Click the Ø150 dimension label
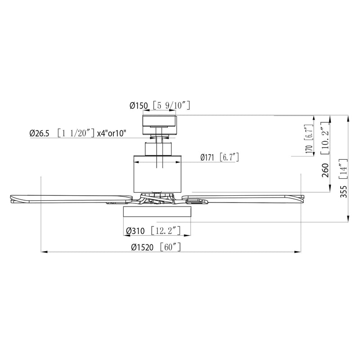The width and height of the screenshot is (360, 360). tap(139, 106)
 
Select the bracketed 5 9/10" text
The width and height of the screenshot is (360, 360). tap(172, 106)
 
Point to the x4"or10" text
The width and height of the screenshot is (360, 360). tap(111, 133)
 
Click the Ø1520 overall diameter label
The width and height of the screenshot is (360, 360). tap(143, 247)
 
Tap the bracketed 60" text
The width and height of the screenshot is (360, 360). tap(170, 247)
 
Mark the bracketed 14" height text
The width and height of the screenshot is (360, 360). tap(343, 170)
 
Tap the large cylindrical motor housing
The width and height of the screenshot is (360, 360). tap(158, 173)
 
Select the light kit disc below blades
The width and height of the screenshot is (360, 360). tap(157, 213)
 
